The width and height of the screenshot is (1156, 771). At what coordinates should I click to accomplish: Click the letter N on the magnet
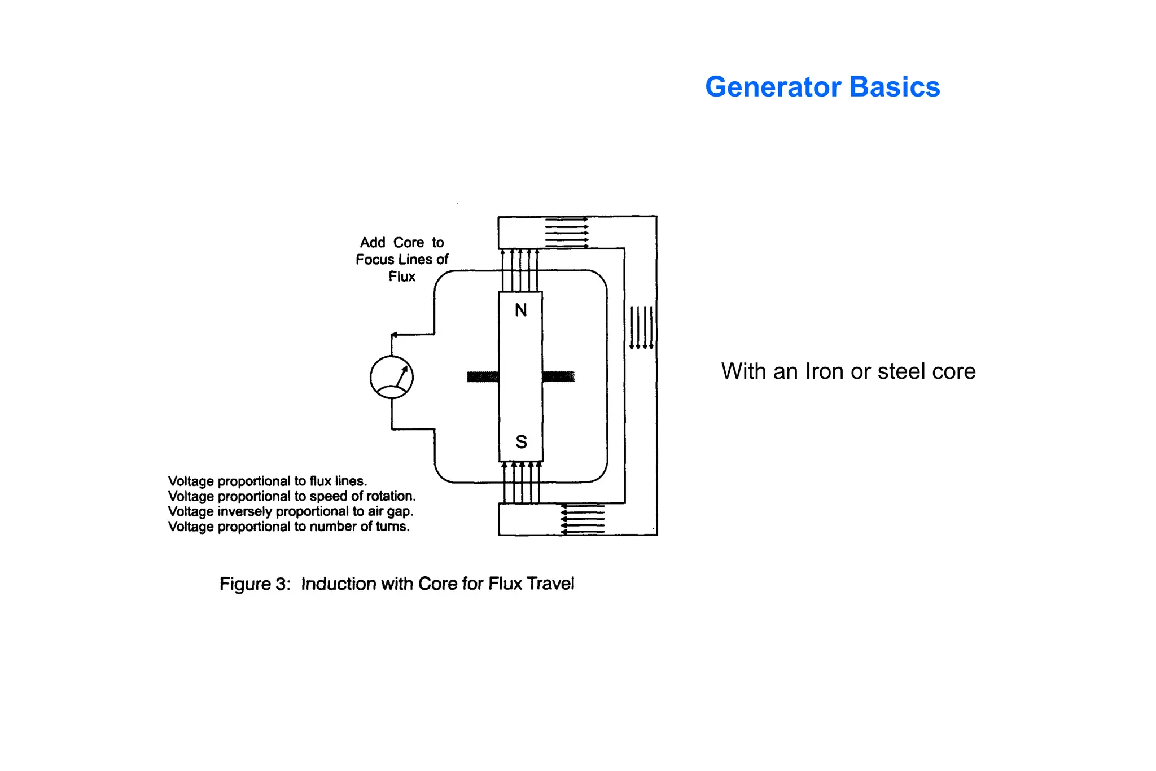click(x=520, y=310)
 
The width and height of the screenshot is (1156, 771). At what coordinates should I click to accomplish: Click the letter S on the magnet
click(x=521, y=441)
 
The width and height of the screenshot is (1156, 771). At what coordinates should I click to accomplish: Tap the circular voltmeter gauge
click(x=391, y=377)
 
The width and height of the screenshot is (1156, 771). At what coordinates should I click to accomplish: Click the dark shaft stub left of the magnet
click(x=483, y=376)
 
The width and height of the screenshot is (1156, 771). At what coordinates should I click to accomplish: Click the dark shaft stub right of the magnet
click(x=558, y=376)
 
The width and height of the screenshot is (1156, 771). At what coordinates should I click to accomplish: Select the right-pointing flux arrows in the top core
click(x=566, y=233)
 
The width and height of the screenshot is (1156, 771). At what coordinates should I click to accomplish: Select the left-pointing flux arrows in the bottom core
click(x=583, y=519)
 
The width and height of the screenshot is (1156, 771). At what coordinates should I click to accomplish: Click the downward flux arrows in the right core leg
click(x=641, y=328)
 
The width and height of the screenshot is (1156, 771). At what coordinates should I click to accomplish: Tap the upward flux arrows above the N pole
click(x=520, y=270)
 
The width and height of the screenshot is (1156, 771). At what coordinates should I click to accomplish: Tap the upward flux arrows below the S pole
click(x=522, y=483)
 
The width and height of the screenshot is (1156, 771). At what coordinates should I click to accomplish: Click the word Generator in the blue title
click(x=773, y=87)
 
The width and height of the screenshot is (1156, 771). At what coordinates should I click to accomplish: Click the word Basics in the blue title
click(x=894, y=87)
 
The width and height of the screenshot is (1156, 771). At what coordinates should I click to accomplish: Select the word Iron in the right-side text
click(x=824, y=371)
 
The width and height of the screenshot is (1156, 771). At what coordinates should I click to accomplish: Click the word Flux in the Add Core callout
click(x=401, y=277)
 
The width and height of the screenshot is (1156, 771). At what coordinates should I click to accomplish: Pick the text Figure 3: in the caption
click(x=255, y=584)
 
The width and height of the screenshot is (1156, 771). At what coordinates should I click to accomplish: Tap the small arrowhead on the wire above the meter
click(x=394, y=335)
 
